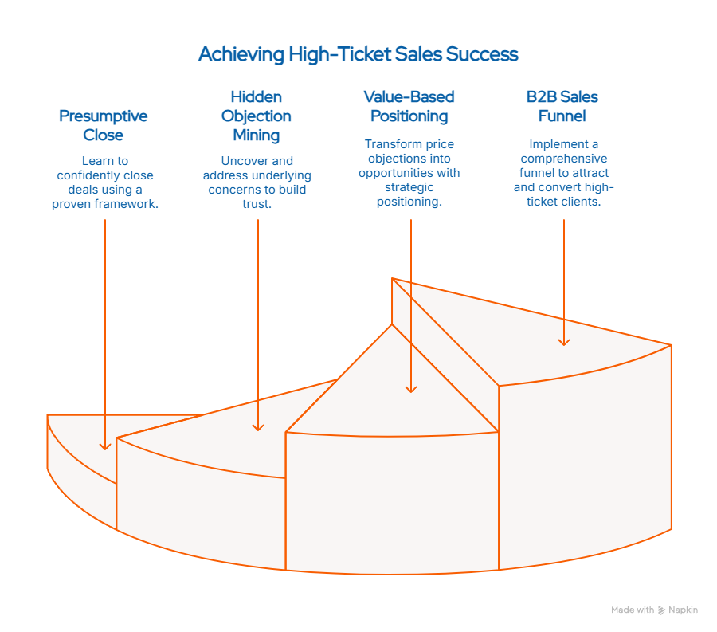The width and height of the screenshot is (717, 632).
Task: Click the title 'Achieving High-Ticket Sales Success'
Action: (x=358, y=54)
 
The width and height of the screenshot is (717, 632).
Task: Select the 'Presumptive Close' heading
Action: (x=103, y=125)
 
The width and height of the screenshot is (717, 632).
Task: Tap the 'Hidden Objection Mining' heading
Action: (x=257, y=116)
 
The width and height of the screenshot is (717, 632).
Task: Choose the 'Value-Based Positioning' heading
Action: (x=409, y=106)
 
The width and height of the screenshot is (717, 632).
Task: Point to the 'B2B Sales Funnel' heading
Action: (x=562, y=106)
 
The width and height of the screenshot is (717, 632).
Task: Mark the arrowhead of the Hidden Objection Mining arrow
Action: (x=258, y=427)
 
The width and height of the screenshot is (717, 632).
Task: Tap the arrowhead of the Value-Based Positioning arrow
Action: (x=411, y=388)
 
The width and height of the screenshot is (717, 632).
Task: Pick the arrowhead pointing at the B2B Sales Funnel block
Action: (x=564, y=341)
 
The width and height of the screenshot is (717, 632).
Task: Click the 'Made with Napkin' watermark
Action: (x=654, y=610)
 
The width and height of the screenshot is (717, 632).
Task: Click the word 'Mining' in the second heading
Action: (x=257, y=135)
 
